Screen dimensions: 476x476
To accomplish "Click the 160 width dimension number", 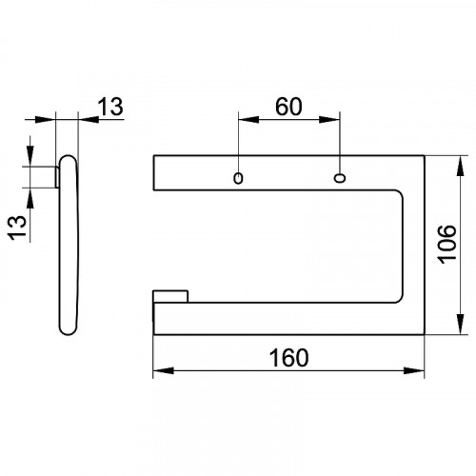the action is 288,358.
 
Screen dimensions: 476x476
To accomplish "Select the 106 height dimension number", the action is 446,245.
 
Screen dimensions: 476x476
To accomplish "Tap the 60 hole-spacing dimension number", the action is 288,107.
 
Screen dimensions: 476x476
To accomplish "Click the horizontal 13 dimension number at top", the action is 110,107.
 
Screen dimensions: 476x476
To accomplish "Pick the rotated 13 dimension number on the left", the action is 17,228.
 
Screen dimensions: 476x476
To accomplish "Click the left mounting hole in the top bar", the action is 238,178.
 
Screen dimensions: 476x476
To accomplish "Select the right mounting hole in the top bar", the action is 340,178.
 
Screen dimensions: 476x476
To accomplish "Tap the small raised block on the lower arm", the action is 170,296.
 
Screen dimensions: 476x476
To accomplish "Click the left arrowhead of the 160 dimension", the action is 164,370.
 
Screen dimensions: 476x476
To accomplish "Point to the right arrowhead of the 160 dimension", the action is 414,370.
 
